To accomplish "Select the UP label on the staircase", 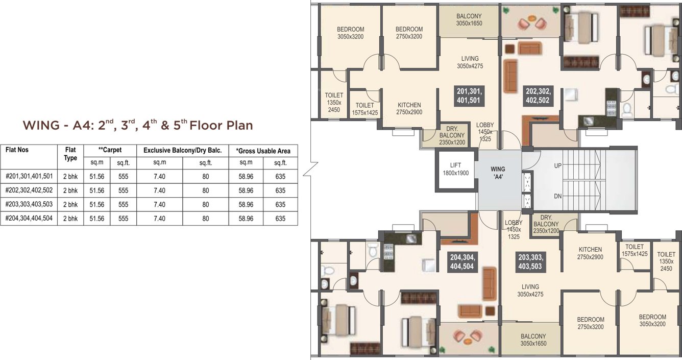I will pos(558,166).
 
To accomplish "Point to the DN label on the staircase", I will pos(558,196).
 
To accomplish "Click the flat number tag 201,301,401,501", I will pos(469,95).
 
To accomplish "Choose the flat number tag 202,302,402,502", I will pos(538,95).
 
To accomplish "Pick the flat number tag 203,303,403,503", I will pos(530,261).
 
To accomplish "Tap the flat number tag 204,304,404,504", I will pos(461,261).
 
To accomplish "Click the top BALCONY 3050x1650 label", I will pos(469,20).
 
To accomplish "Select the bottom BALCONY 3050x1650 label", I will pos(533,340).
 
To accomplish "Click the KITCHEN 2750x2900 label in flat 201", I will pos(409,108).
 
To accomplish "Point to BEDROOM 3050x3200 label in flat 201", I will pos(350,33).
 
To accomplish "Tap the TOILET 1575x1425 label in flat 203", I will pos(635,250).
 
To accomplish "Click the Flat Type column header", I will pos(70,154).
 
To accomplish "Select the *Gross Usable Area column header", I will pos(263,151).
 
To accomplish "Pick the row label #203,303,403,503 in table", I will pos(29,204).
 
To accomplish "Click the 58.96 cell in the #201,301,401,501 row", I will pos(246,176).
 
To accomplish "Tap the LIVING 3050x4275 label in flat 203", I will pos(530,290).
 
